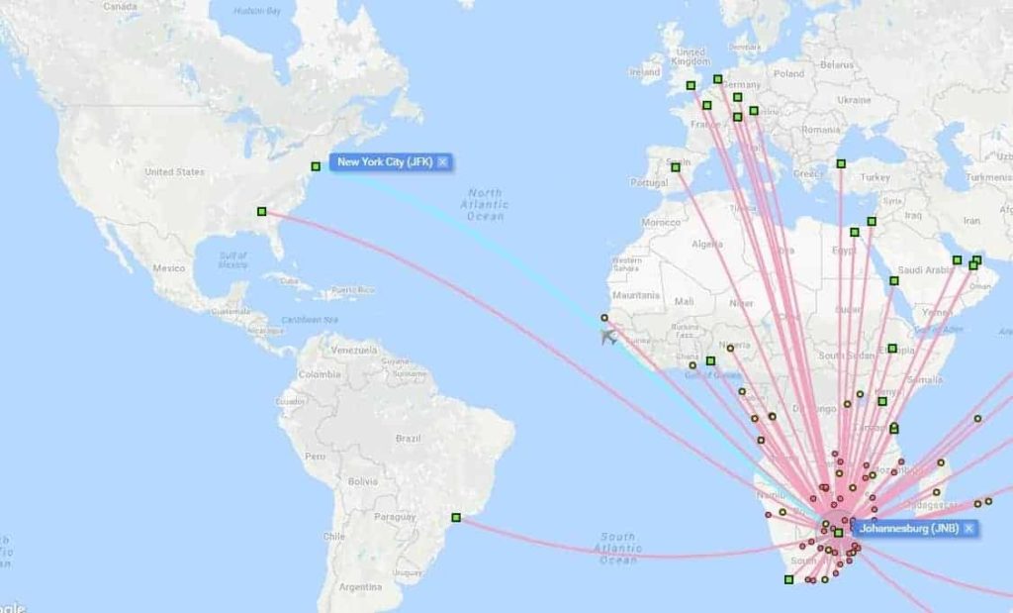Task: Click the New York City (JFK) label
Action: point(384,161)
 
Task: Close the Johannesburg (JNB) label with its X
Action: point(968,528)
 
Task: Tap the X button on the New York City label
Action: point(442,161)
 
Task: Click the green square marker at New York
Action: point(316,166)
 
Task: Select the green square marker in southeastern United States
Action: point(261,211)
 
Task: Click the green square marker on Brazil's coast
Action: point(456,517)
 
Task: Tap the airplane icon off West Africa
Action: point(608,337)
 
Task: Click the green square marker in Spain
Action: point(676,167)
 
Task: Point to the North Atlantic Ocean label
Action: point(485,204)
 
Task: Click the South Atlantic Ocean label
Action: point(617,548)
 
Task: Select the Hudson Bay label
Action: point(257,11)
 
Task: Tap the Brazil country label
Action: point(408,438)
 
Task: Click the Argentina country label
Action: point(360,587)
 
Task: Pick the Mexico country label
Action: point(169,268)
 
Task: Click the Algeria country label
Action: point(707,244)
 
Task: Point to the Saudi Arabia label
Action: point(924,270)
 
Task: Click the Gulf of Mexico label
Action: point(233,260)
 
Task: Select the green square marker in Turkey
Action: point(841,163)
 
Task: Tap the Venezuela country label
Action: point(353,350)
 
